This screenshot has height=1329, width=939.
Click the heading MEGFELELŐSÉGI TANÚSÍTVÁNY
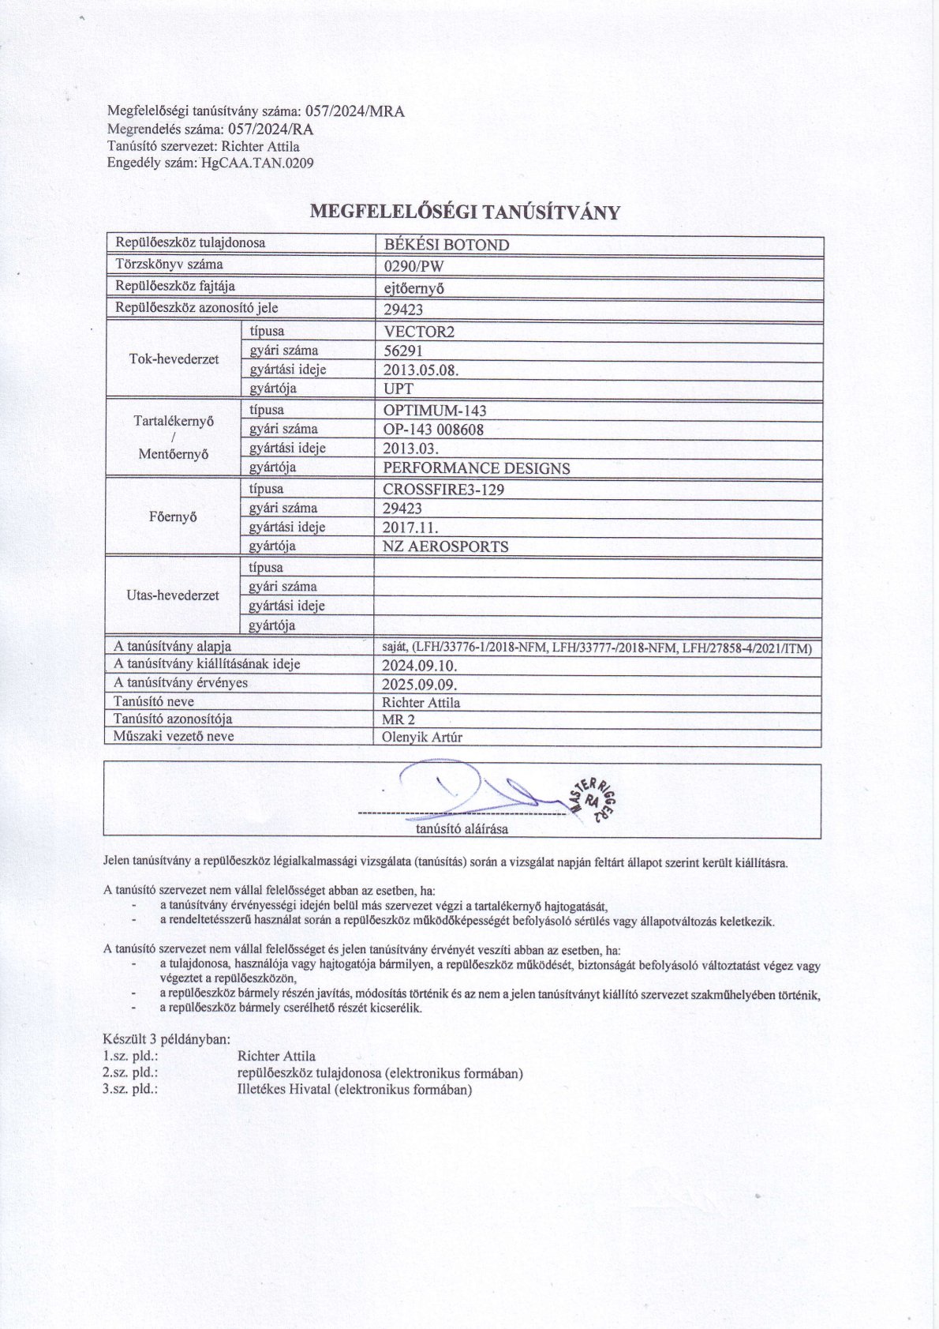466,212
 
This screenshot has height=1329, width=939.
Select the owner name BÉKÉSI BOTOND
446,245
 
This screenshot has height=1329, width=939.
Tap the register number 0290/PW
413,267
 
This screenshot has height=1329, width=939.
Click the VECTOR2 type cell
419,332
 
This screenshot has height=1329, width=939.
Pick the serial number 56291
403,351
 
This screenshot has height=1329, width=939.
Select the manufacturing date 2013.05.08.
421,370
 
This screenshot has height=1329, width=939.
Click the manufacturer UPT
398,389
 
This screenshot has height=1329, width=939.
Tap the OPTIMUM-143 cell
435,411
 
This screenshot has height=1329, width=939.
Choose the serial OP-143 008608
433,430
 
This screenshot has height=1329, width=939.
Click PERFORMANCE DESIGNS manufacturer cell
477,468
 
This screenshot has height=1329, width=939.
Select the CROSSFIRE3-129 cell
443,490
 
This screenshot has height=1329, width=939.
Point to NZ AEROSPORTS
446,546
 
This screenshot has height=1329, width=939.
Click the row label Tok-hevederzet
174,359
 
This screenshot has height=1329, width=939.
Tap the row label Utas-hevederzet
173,595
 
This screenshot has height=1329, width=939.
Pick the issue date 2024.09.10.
419,666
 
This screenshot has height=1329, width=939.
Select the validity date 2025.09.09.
419,685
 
